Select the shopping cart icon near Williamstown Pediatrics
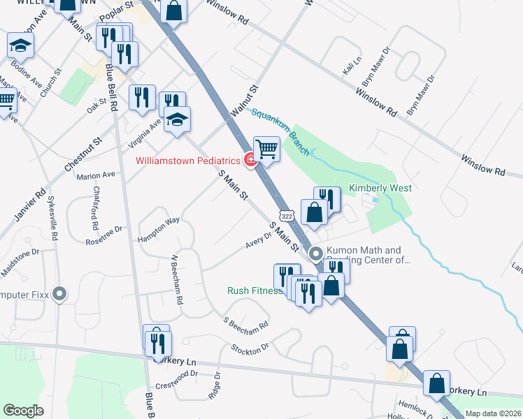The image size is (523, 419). point(266,149)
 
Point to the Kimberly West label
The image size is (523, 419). point(380,189)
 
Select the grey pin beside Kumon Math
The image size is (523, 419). point(316,254)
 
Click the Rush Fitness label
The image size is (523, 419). point(255,291)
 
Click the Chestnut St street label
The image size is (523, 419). point(83,155)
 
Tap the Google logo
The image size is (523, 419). point(23,411)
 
